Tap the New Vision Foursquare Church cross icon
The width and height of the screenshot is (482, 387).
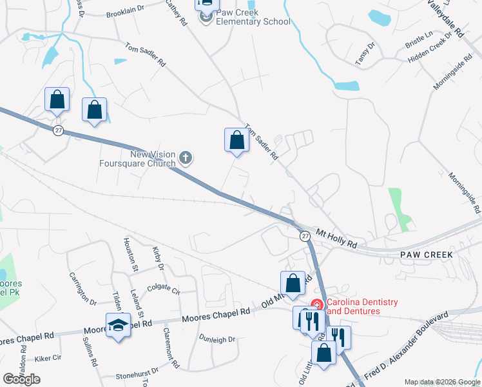click(x=186, y=157)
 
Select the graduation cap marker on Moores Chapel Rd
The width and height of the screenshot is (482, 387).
click(x=119, y=325)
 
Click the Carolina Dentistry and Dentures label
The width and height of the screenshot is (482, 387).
click(x=362, y=306)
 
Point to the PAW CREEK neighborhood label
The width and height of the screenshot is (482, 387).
click(x=426, y=255)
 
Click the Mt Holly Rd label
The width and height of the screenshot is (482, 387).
click(x=336, y=238)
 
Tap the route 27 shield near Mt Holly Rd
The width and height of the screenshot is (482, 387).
click(x=305, y=236)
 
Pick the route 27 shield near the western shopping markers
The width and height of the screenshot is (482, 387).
click(x=59, y=130)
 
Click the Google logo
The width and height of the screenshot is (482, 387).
click(x=22, y=379)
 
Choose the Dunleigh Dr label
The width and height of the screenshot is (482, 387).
click(x=217, y=338)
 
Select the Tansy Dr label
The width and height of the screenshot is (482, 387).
click(x=365, y=54)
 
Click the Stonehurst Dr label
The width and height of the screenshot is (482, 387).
click(x=137, y=373)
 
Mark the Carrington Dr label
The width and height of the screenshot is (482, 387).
click(x=82, y=288)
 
